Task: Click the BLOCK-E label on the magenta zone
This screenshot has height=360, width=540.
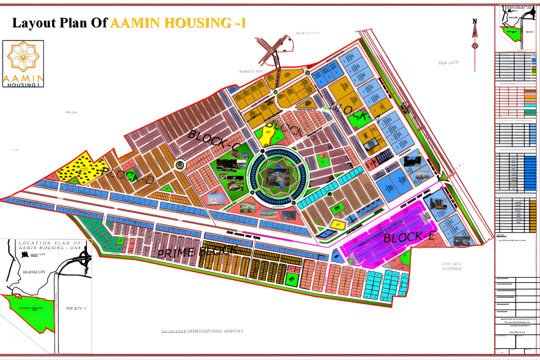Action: [x=409, y=237]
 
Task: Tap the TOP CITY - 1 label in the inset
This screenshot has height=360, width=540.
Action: [x=76, y=308]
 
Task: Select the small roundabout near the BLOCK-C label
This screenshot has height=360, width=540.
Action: [x=179, y=164]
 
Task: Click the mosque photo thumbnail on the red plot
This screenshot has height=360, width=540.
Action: [x=216, y=199]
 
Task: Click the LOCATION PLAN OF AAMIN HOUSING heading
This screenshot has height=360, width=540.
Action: [x=52, y=245]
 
